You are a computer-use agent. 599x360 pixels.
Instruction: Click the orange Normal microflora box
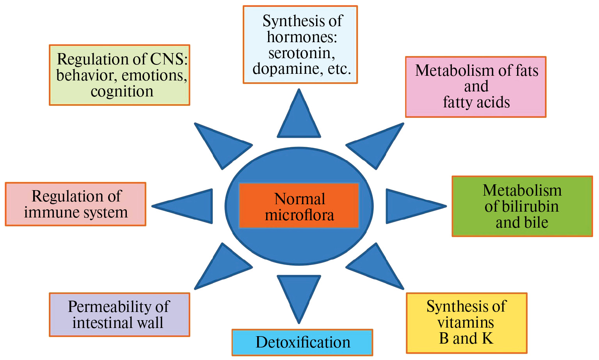299,206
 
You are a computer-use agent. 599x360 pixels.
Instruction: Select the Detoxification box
302,342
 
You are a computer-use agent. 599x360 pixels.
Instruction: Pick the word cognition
122,91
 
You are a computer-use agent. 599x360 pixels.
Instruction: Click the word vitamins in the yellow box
466,323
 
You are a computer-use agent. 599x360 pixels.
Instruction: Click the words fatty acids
476,102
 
